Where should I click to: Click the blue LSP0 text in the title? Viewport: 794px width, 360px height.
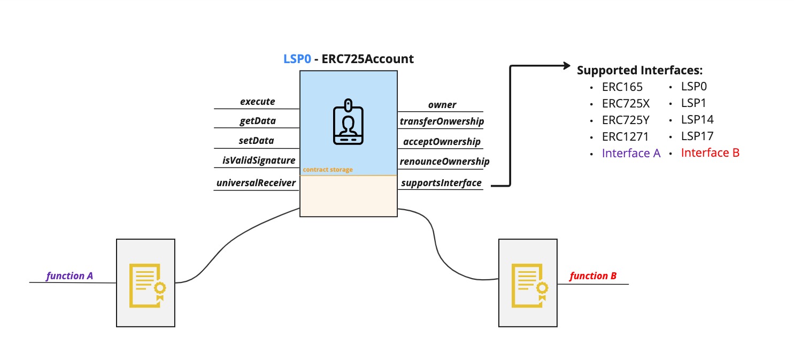click(297, 59)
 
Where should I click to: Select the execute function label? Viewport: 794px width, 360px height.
click(257, 101)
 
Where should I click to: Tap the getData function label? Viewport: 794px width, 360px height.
click(257, 121)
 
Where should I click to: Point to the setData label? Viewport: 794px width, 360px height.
click(257, 141)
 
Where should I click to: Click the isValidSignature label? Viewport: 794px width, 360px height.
click(259, 160)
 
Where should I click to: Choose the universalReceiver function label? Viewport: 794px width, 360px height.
click(256, 183)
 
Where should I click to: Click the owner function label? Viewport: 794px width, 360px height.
click(442, 105)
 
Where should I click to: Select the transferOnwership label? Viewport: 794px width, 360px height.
click(442, 121)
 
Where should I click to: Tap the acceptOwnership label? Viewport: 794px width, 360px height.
click(441, 142)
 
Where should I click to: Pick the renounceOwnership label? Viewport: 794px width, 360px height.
click(444, 161)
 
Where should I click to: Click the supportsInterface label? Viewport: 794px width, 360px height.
click(441, 183)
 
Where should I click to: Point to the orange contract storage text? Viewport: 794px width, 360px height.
click(328, 170)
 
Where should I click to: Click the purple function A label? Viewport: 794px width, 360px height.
click(70, 276)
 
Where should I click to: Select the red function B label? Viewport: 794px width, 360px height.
click(593, 276)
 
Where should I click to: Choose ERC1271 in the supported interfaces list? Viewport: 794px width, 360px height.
click(625, 136)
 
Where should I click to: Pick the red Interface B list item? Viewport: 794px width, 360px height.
click(710, 153)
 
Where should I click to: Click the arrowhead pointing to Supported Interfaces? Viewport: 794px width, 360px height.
click(566, 66)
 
